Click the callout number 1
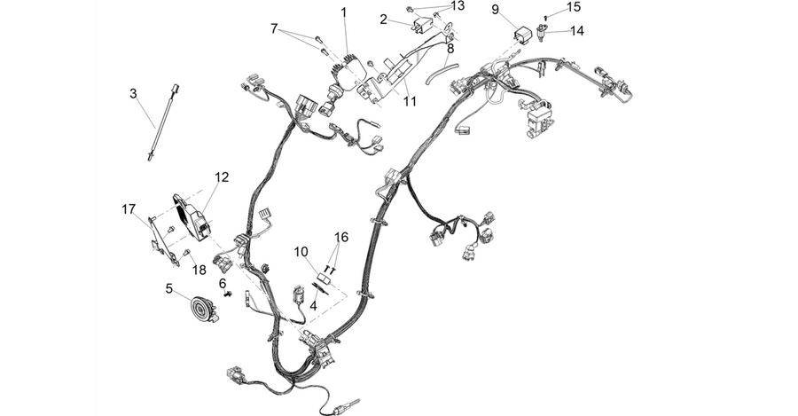pos(344,12)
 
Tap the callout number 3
pos(133,94)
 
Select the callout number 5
pos(169,289)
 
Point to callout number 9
pos(495,10)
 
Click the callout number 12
pos(222,177)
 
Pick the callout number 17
pos(129,208)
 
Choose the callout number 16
pos(341,237)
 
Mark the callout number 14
pos(577,30)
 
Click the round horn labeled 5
pos(204,309)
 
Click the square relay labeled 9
pos(523,35)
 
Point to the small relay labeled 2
pos(422,26)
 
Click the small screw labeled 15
pos(546,17)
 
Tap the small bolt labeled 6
pos(228,294)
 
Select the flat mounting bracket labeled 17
pos(163,240)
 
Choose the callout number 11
pos(410,101)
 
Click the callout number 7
pos(274,28)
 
